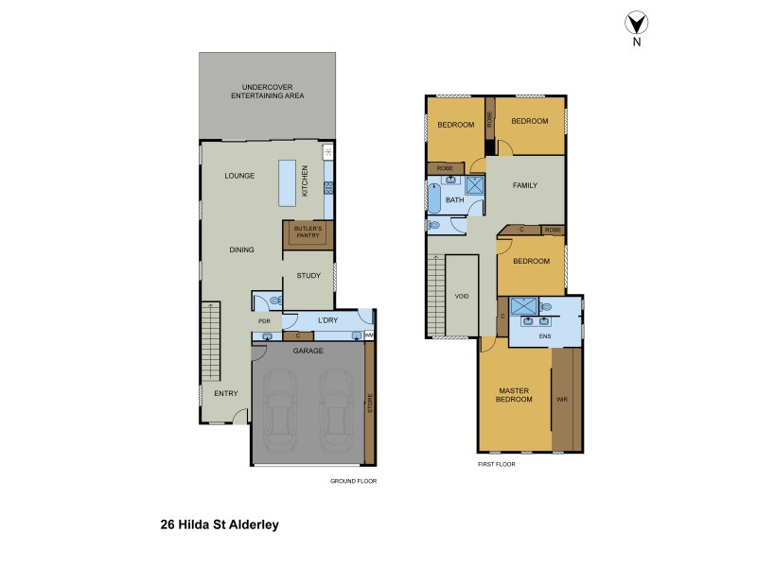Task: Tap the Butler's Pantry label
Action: pyautogui.click(x=308, y=232)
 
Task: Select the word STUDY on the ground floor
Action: pyautogui.click(x=308, y=276)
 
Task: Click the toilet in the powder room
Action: pyautogui.click(x=273, y=301)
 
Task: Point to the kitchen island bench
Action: pyautogui.click(x=287, y=181)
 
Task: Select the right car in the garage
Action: pyautogui.click(x=336, y=410)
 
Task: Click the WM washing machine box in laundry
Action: pyautogui.click(x=369, y=335)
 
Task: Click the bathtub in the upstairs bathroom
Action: pyautogui.click(x=432, y=199)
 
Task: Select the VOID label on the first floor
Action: pyautogui.click(x=462, y=296)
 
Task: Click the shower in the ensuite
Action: pyautogui.click(x=523, y=306)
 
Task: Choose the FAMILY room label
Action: pyautogui.click(x=525, y=185)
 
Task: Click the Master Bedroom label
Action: pyautogui.click(x=515, y=395)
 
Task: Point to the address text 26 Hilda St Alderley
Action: pyautogui.click(x=220, y=523)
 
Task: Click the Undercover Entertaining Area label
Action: pyautogui.click(x=267, y=92)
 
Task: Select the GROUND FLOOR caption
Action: pyautogui.click(x=353, y=480)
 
